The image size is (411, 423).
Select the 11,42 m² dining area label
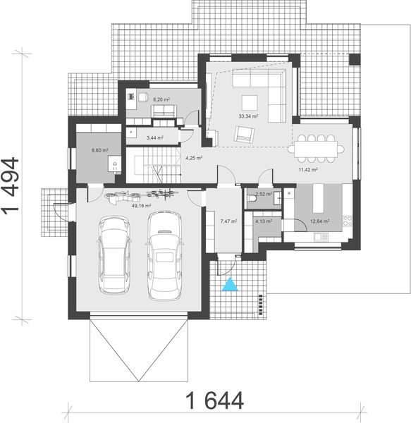308,170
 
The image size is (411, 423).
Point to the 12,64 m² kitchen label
319,221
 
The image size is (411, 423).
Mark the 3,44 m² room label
154,138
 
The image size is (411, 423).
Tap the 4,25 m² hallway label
194,158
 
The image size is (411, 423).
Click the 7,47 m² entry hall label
228,221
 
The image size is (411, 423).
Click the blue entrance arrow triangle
229,285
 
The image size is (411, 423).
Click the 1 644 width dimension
215,400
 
